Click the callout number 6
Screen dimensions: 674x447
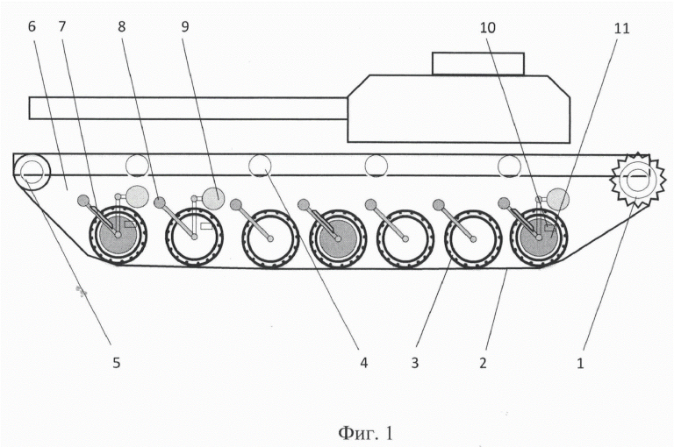click(x=32, y=26)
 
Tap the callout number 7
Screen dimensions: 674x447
click(x=62, y=26)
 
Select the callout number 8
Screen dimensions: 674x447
click(x=122, y=26)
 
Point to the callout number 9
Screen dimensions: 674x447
click(x=185, y=26)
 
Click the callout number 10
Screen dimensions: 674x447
click(x=487, y=28)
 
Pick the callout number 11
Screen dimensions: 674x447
click(x=621, y=28)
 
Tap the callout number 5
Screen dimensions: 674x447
click(x=117, y=362)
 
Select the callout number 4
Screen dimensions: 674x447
click(x=364, y=363)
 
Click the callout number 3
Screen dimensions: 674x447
click(x=415, y=363)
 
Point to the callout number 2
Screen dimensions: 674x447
click(x=484, y=363)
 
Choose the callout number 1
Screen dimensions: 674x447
click(x=580, y=363)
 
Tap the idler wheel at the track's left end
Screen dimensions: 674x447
click(x=32, y=172)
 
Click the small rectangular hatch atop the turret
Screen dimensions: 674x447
click(x=478, y=64)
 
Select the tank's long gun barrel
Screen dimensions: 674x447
click(x=189, y=108)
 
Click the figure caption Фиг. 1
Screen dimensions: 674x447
click(x=365, y=433)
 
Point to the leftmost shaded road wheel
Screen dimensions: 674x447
click(x=118, y=235)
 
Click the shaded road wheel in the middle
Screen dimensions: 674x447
click(x=338, y=238)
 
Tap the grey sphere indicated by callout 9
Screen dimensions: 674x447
click(x=213, y=197)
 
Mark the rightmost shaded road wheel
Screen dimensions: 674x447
click(x=539, y=238)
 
